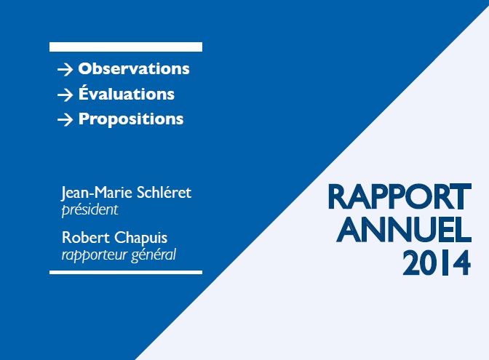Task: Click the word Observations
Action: (134, 69)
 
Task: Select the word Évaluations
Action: (127, 94)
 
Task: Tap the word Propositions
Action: (131, 119)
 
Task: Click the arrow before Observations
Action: (65, 70)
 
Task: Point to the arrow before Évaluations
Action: (65, 95)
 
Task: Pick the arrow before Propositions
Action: (65, 119)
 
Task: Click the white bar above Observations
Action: (125, 47)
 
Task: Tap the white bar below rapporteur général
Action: (125, 272)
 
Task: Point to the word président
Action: (90, 210)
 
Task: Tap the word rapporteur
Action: (92, 255)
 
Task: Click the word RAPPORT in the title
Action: (399, 198)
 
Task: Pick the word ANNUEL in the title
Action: (405, 231)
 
